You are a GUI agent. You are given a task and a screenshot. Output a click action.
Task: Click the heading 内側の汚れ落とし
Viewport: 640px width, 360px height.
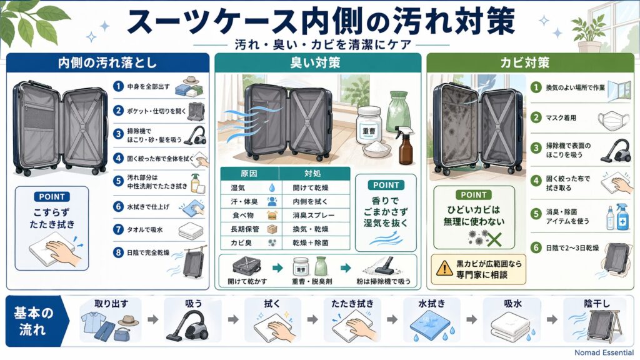(107, 63)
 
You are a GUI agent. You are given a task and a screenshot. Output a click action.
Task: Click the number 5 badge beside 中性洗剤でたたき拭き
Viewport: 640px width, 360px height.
(117, 181)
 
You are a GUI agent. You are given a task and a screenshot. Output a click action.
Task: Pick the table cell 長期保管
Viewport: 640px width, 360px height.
(244, 230)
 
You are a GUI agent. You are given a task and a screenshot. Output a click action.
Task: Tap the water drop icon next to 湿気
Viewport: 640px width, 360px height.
(271, 187)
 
